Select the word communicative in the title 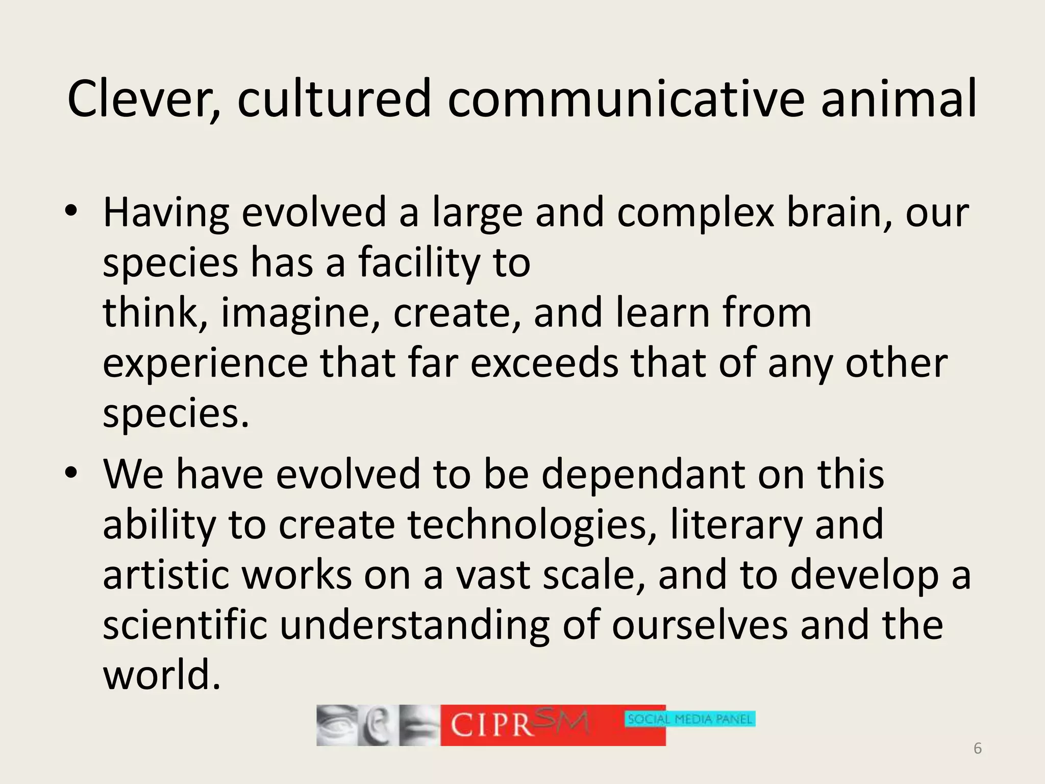(626, 99)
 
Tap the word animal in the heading (899, 99)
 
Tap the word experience (205, 363)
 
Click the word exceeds (544, 363)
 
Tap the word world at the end (162, 675)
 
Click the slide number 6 (977, 748)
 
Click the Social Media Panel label (690, 719)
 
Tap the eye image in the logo (336, 725)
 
